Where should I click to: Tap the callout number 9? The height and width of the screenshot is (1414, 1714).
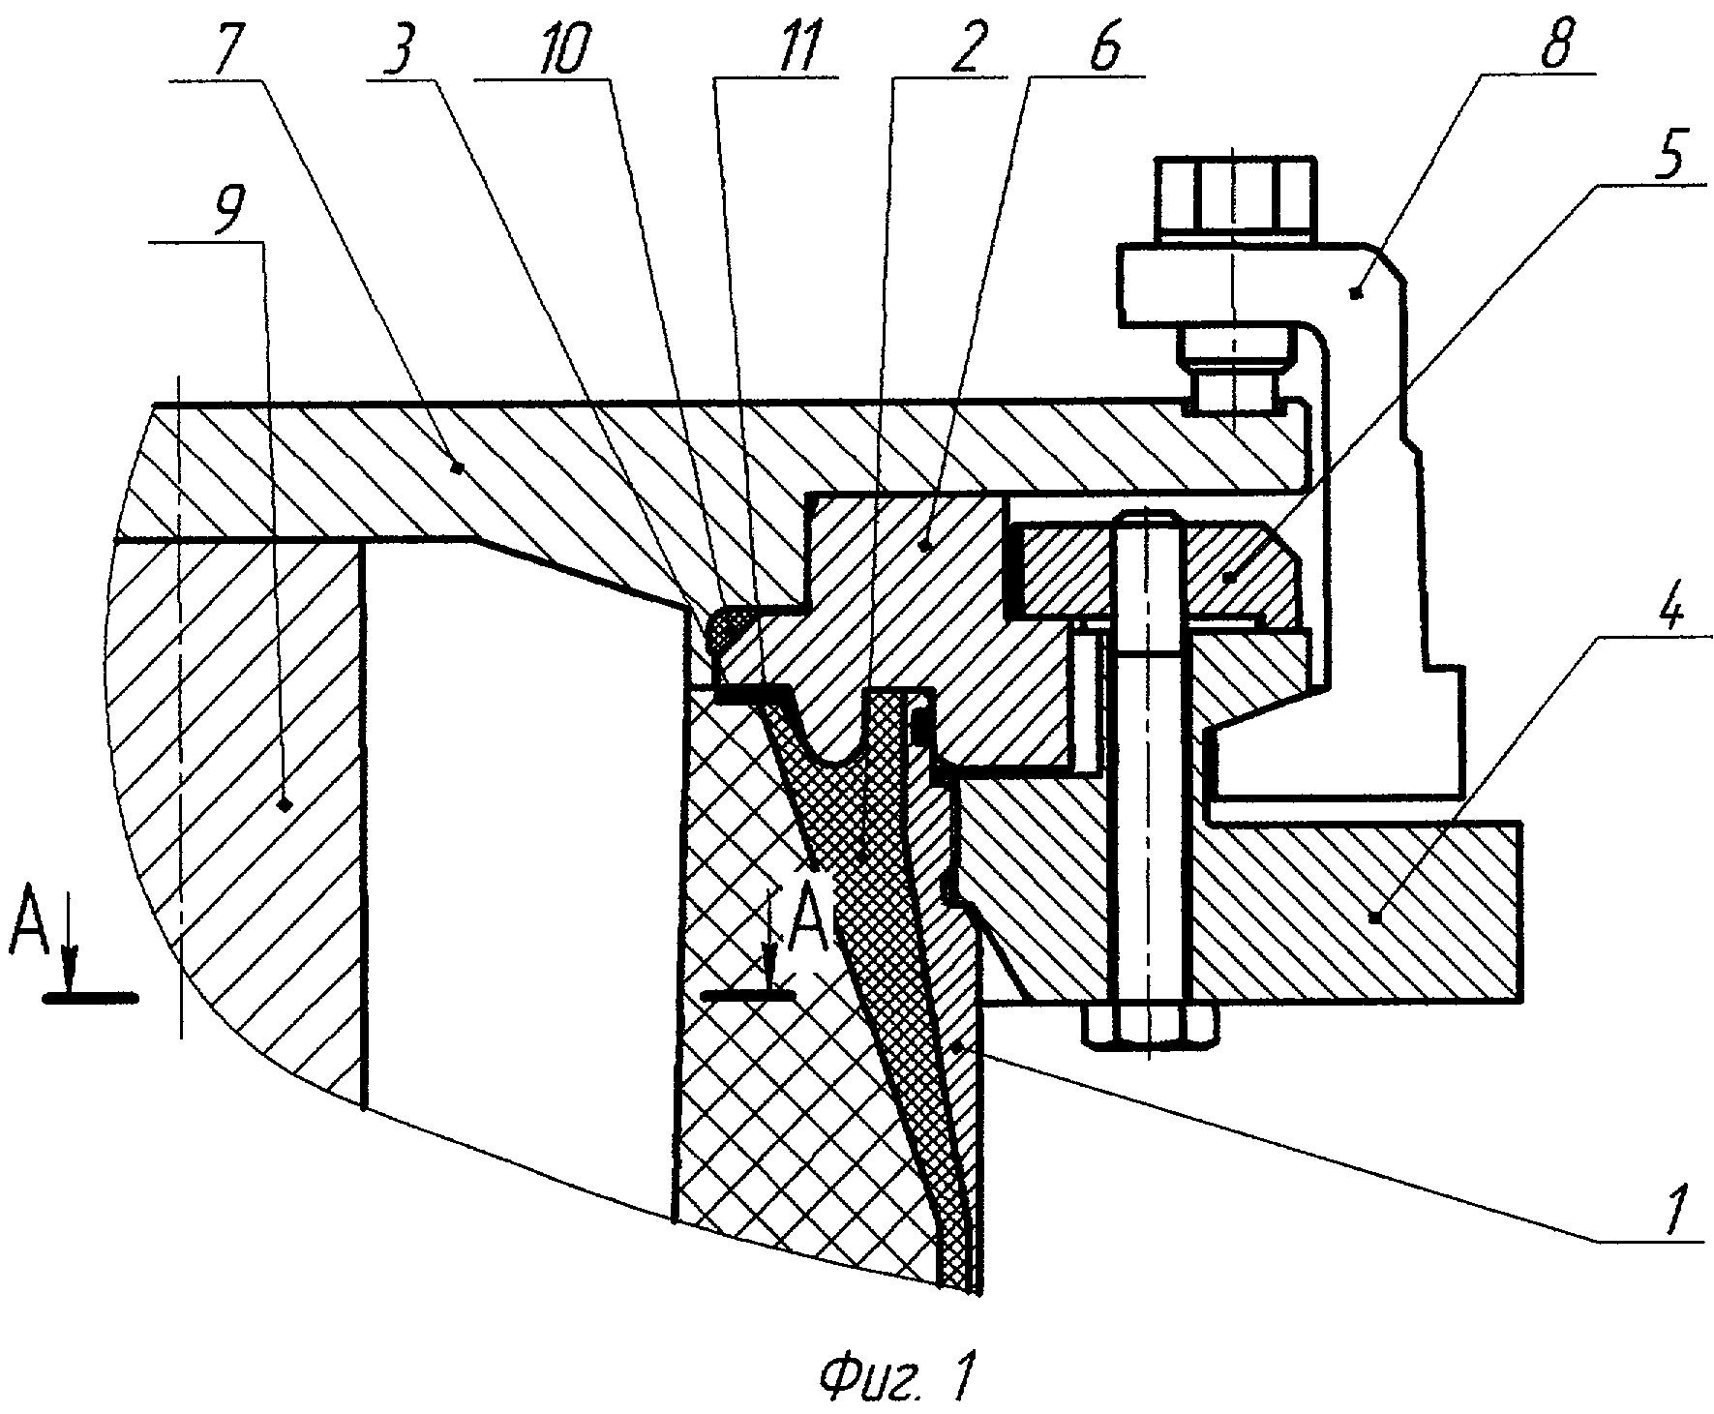pos(223,205)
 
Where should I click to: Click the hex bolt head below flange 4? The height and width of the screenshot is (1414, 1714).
pos(1151,1026)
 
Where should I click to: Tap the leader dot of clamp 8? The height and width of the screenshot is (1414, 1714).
pos(1356,290)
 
